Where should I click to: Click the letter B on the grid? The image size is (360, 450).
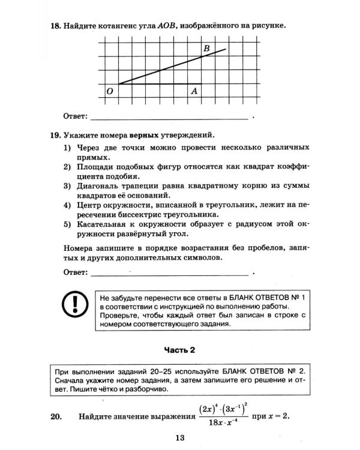click(207, 49)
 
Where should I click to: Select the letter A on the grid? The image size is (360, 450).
click(194, 91)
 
